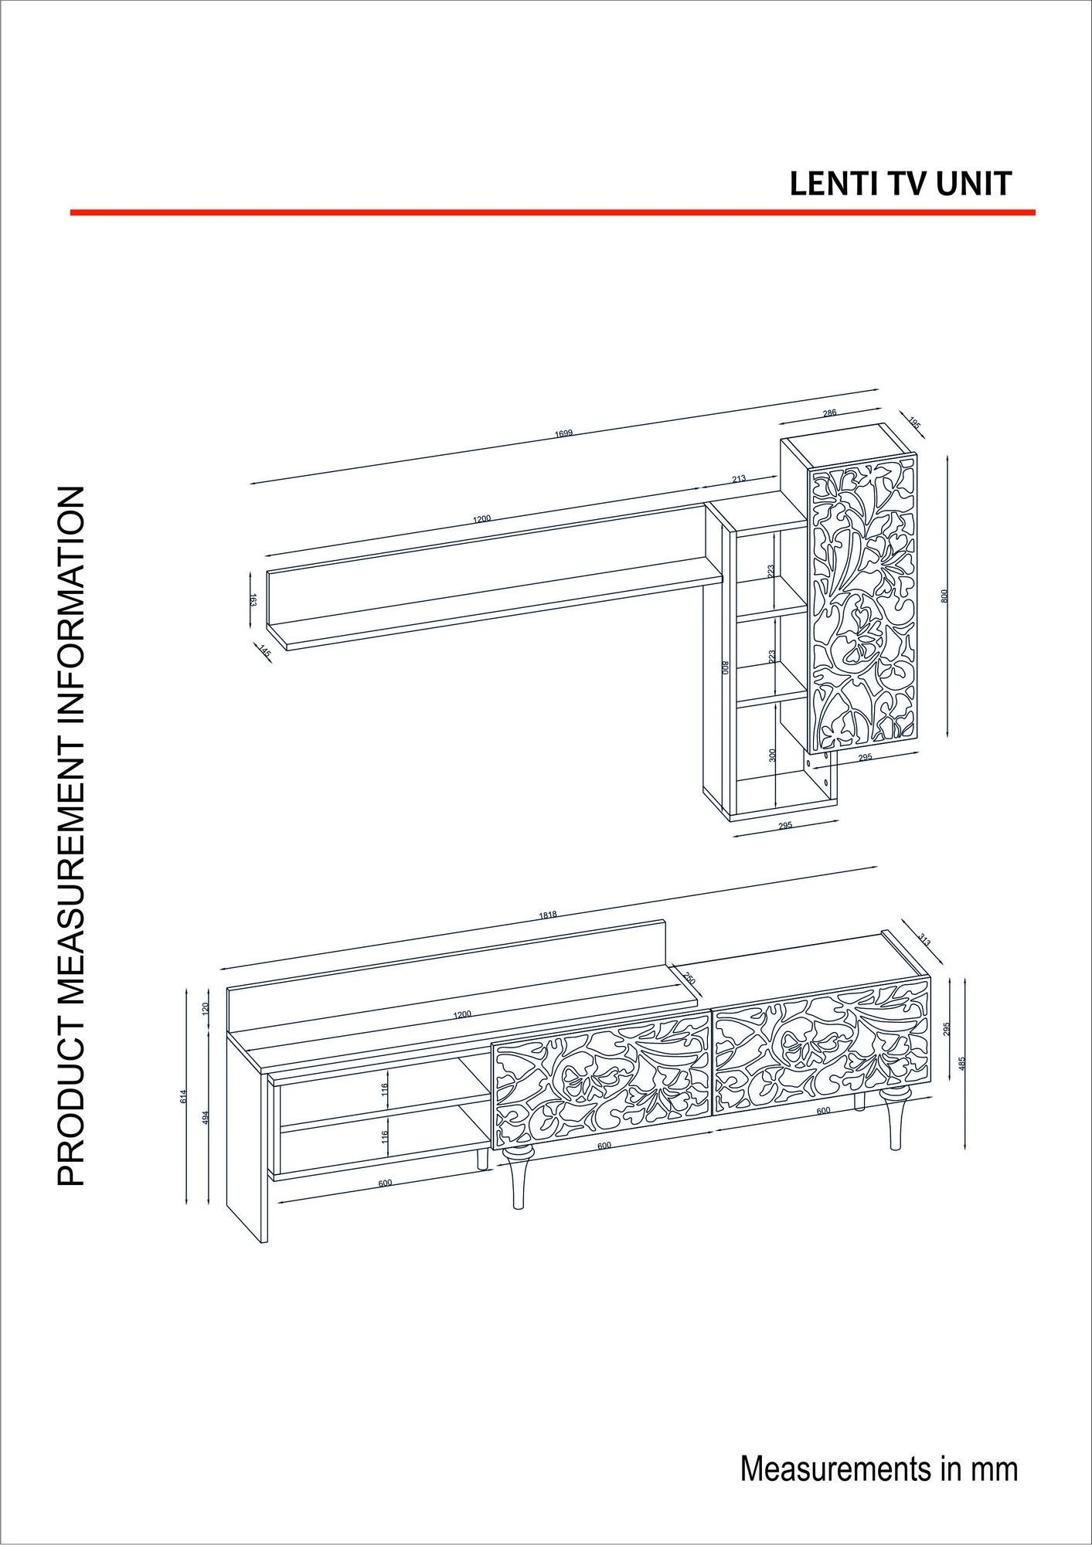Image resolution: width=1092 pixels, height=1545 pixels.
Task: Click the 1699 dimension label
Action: [x=563, y=433]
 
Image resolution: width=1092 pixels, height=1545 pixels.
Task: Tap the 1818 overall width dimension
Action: [x=548, y=915]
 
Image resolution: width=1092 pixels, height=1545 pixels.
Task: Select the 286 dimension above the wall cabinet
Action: [x=829, y=413]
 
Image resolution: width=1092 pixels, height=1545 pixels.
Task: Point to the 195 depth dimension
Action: [x=914, y=423]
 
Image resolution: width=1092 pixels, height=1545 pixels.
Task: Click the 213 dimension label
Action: [x=739, y=479]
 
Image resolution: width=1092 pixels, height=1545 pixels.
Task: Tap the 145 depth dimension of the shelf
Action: [x=266, y=653]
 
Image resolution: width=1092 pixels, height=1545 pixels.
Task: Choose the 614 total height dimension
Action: [x=184, y=1095]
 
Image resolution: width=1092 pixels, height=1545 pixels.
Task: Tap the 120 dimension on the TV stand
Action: [x=206, y=1008]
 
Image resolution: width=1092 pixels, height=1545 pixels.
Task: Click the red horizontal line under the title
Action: [x=553, y=212]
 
